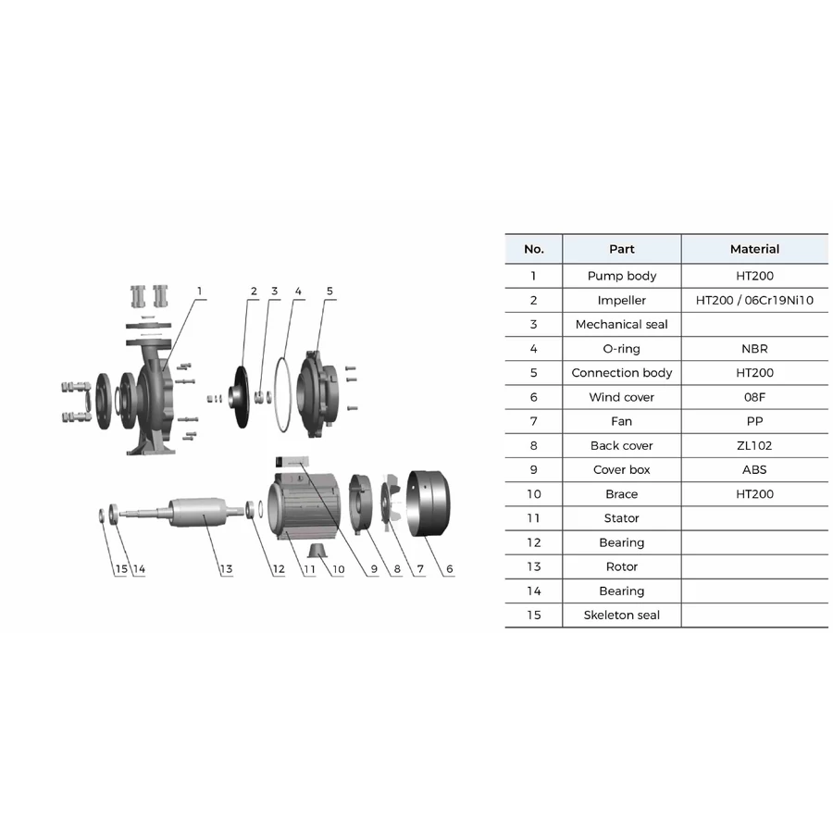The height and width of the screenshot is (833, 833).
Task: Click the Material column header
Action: pos(754,249)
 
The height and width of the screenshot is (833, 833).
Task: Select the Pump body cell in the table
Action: pos(622,276)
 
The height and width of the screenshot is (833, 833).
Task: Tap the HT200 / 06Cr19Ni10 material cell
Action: pos(754,300)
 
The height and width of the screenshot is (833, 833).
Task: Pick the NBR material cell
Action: pos(754,349)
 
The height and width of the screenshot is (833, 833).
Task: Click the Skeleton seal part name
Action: pos(622,615)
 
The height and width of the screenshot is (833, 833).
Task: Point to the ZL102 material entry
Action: pos(754,446)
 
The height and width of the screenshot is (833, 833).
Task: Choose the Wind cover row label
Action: pos(622,397)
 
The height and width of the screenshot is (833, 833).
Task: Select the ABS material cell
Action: pos(754,469)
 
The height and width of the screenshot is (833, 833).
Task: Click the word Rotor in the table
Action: pos(622,566)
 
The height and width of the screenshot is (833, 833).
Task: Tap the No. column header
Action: pos(533,249)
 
